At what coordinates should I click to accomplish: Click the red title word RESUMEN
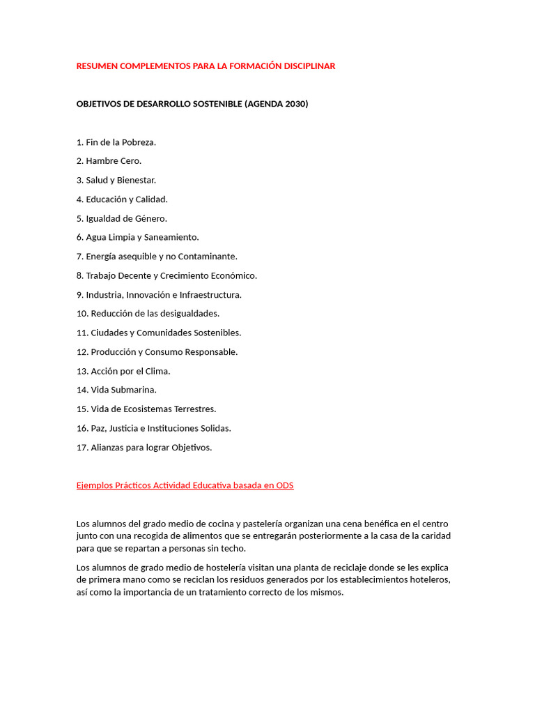[x=97, y=66]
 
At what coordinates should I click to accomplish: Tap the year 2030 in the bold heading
[x=295, y=104]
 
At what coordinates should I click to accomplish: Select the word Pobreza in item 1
[x=139, y=142]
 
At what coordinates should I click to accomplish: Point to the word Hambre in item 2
[x=102, y=161]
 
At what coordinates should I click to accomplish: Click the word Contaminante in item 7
[x=208, y=257]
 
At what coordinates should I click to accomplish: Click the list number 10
[x=82, y=314]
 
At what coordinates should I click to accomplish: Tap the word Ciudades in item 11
[x=109, y=333]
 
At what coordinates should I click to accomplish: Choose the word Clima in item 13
[x=157, y=371]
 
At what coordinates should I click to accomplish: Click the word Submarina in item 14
[x=134, y=390]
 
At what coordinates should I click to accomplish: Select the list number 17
[x=82, y=448]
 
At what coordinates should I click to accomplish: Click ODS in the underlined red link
[x=284, y=485]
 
